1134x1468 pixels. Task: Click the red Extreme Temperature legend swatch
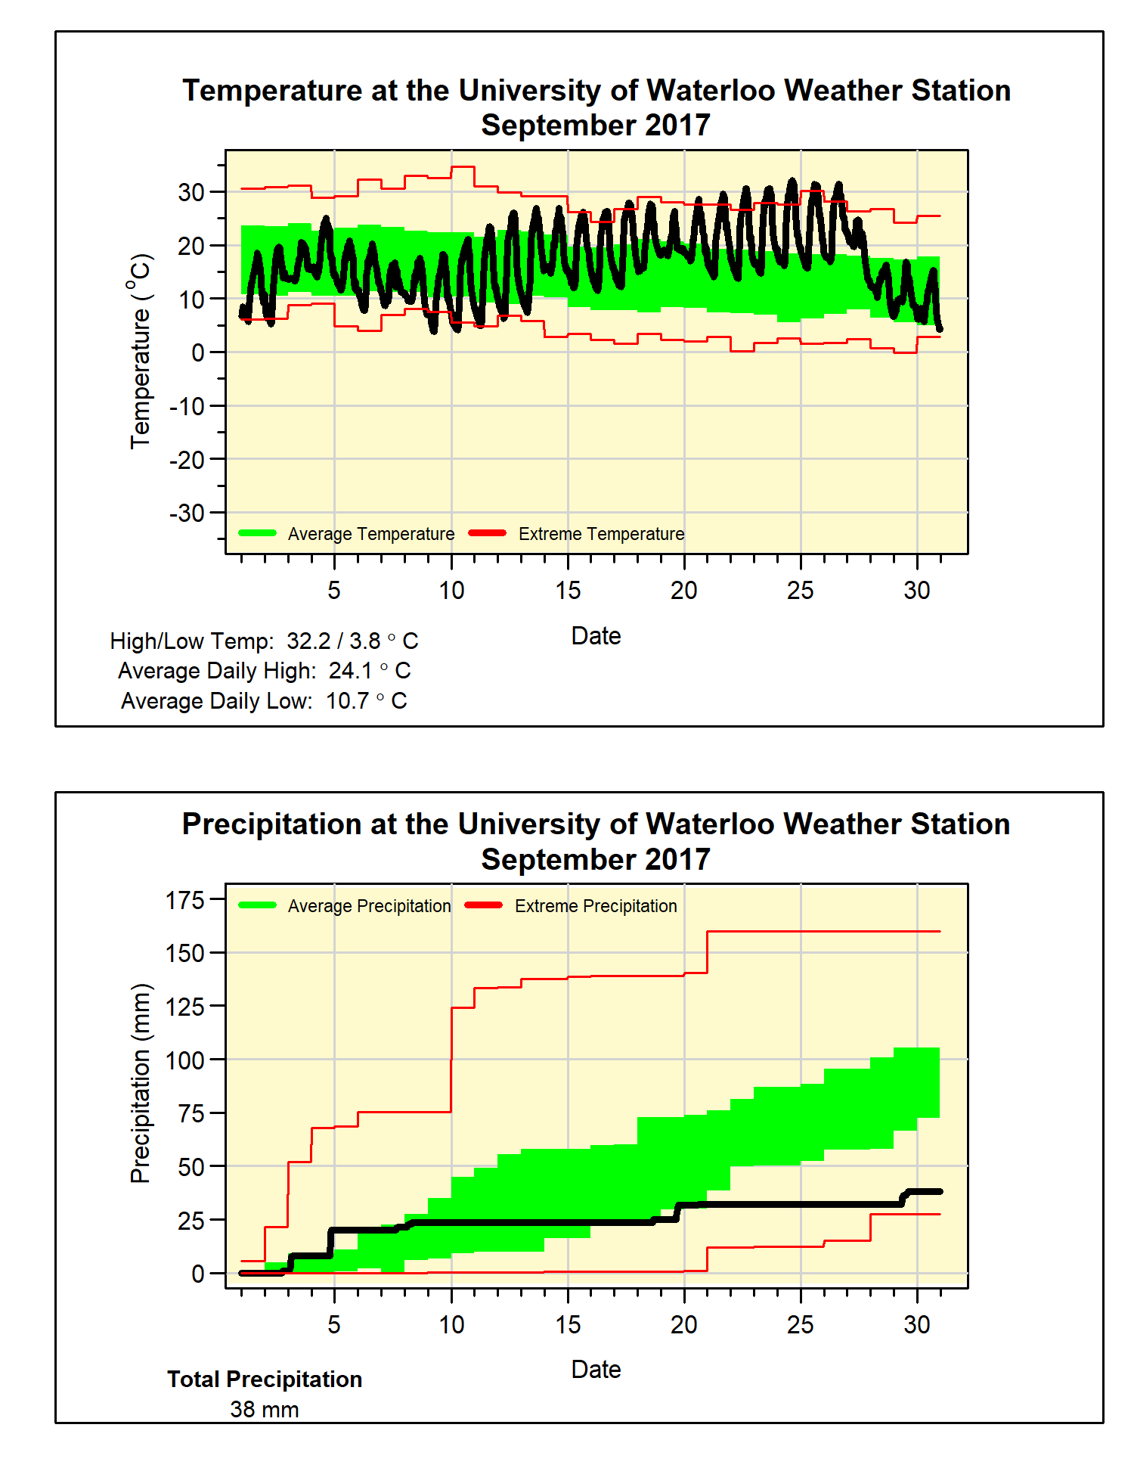point(488,533)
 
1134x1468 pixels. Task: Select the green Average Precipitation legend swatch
point(257,905)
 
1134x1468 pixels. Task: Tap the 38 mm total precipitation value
point(265,1410)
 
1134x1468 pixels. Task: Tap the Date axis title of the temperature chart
point(596,636)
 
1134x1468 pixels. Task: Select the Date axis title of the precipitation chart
point(596,1370)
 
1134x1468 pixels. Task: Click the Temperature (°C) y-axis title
point(141,352)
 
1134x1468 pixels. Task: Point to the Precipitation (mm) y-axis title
point(141,1083)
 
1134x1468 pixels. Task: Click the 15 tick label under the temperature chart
point(568,591)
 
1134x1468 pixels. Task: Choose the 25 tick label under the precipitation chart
point(801,1324)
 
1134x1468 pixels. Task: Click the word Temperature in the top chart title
point(272,91)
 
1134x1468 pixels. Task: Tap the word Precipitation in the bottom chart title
point(272,824)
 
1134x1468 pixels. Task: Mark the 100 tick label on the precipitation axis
point(185,1060)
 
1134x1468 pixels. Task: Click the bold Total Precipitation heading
point(265,1380)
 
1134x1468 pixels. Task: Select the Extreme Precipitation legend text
point(596,906)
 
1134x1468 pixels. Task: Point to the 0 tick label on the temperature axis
point(197,352)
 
